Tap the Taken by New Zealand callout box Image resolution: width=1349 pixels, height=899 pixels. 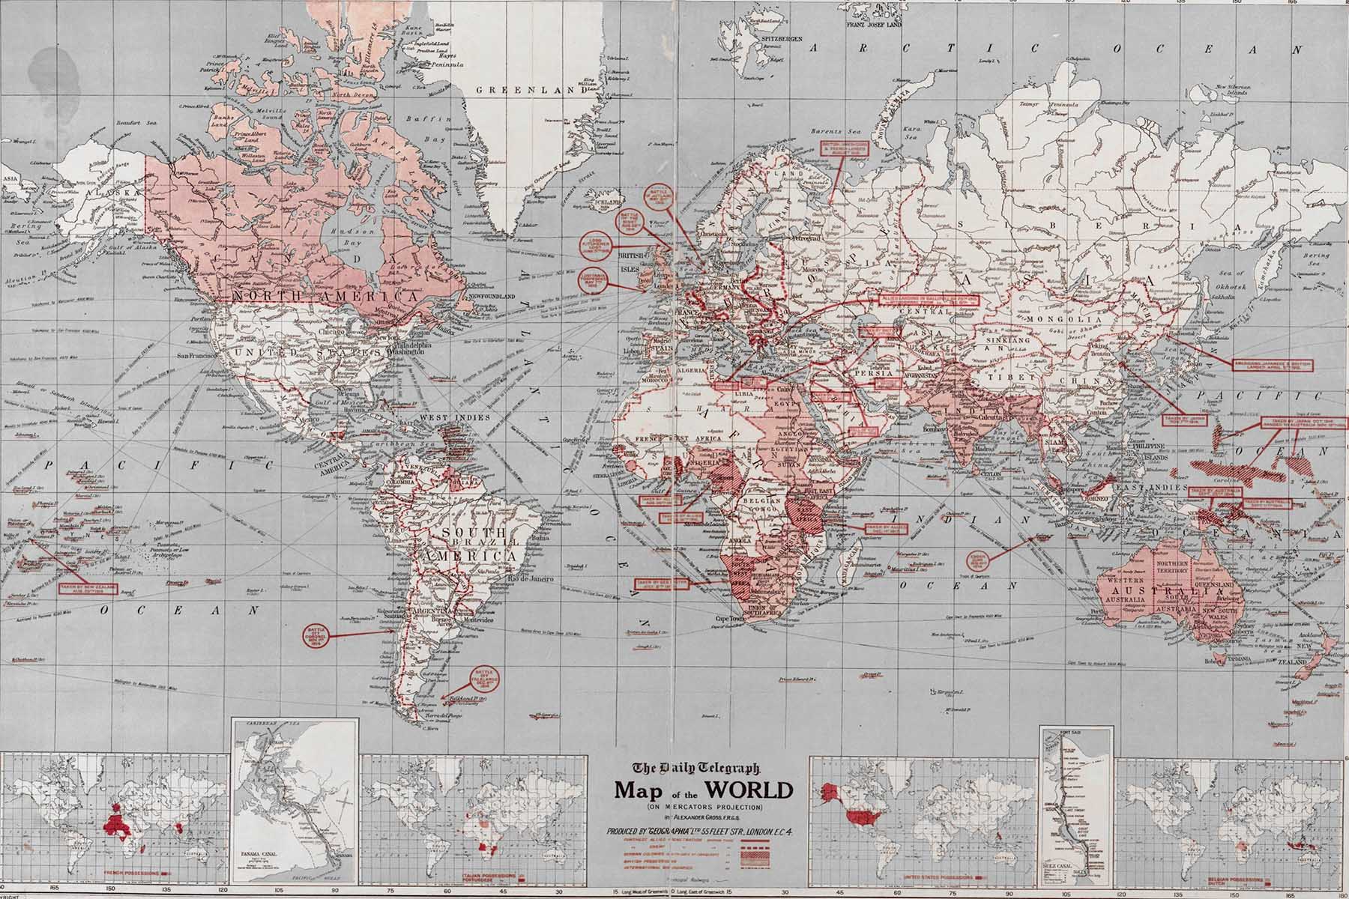tap(87, 586)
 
